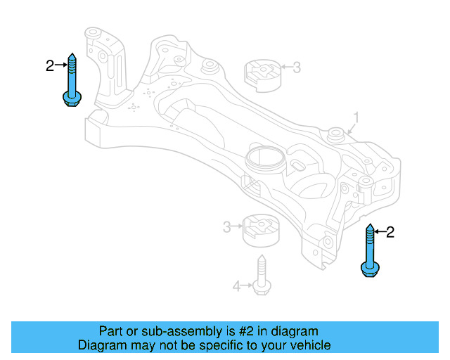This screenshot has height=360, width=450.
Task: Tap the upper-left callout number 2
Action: click(50, 65)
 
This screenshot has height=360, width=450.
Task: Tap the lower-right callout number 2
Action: click(390, 232)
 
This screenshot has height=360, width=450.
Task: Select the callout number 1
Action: click(356, 117)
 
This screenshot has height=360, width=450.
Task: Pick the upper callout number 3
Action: click(297, 67)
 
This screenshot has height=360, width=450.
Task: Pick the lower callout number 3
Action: click(226, 227)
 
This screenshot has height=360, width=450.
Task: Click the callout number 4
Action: click(236, 286)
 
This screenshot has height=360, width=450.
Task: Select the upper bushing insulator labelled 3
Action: click(263, 76)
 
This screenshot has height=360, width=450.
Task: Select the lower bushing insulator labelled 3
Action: click(261, 231)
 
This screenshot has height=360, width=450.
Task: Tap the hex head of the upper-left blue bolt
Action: click(72, 99)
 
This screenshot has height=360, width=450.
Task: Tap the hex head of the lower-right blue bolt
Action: click(370, 269)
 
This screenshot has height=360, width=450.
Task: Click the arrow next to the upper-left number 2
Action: click(61, 65)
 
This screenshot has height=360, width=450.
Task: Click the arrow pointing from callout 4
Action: click(247, 285)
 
